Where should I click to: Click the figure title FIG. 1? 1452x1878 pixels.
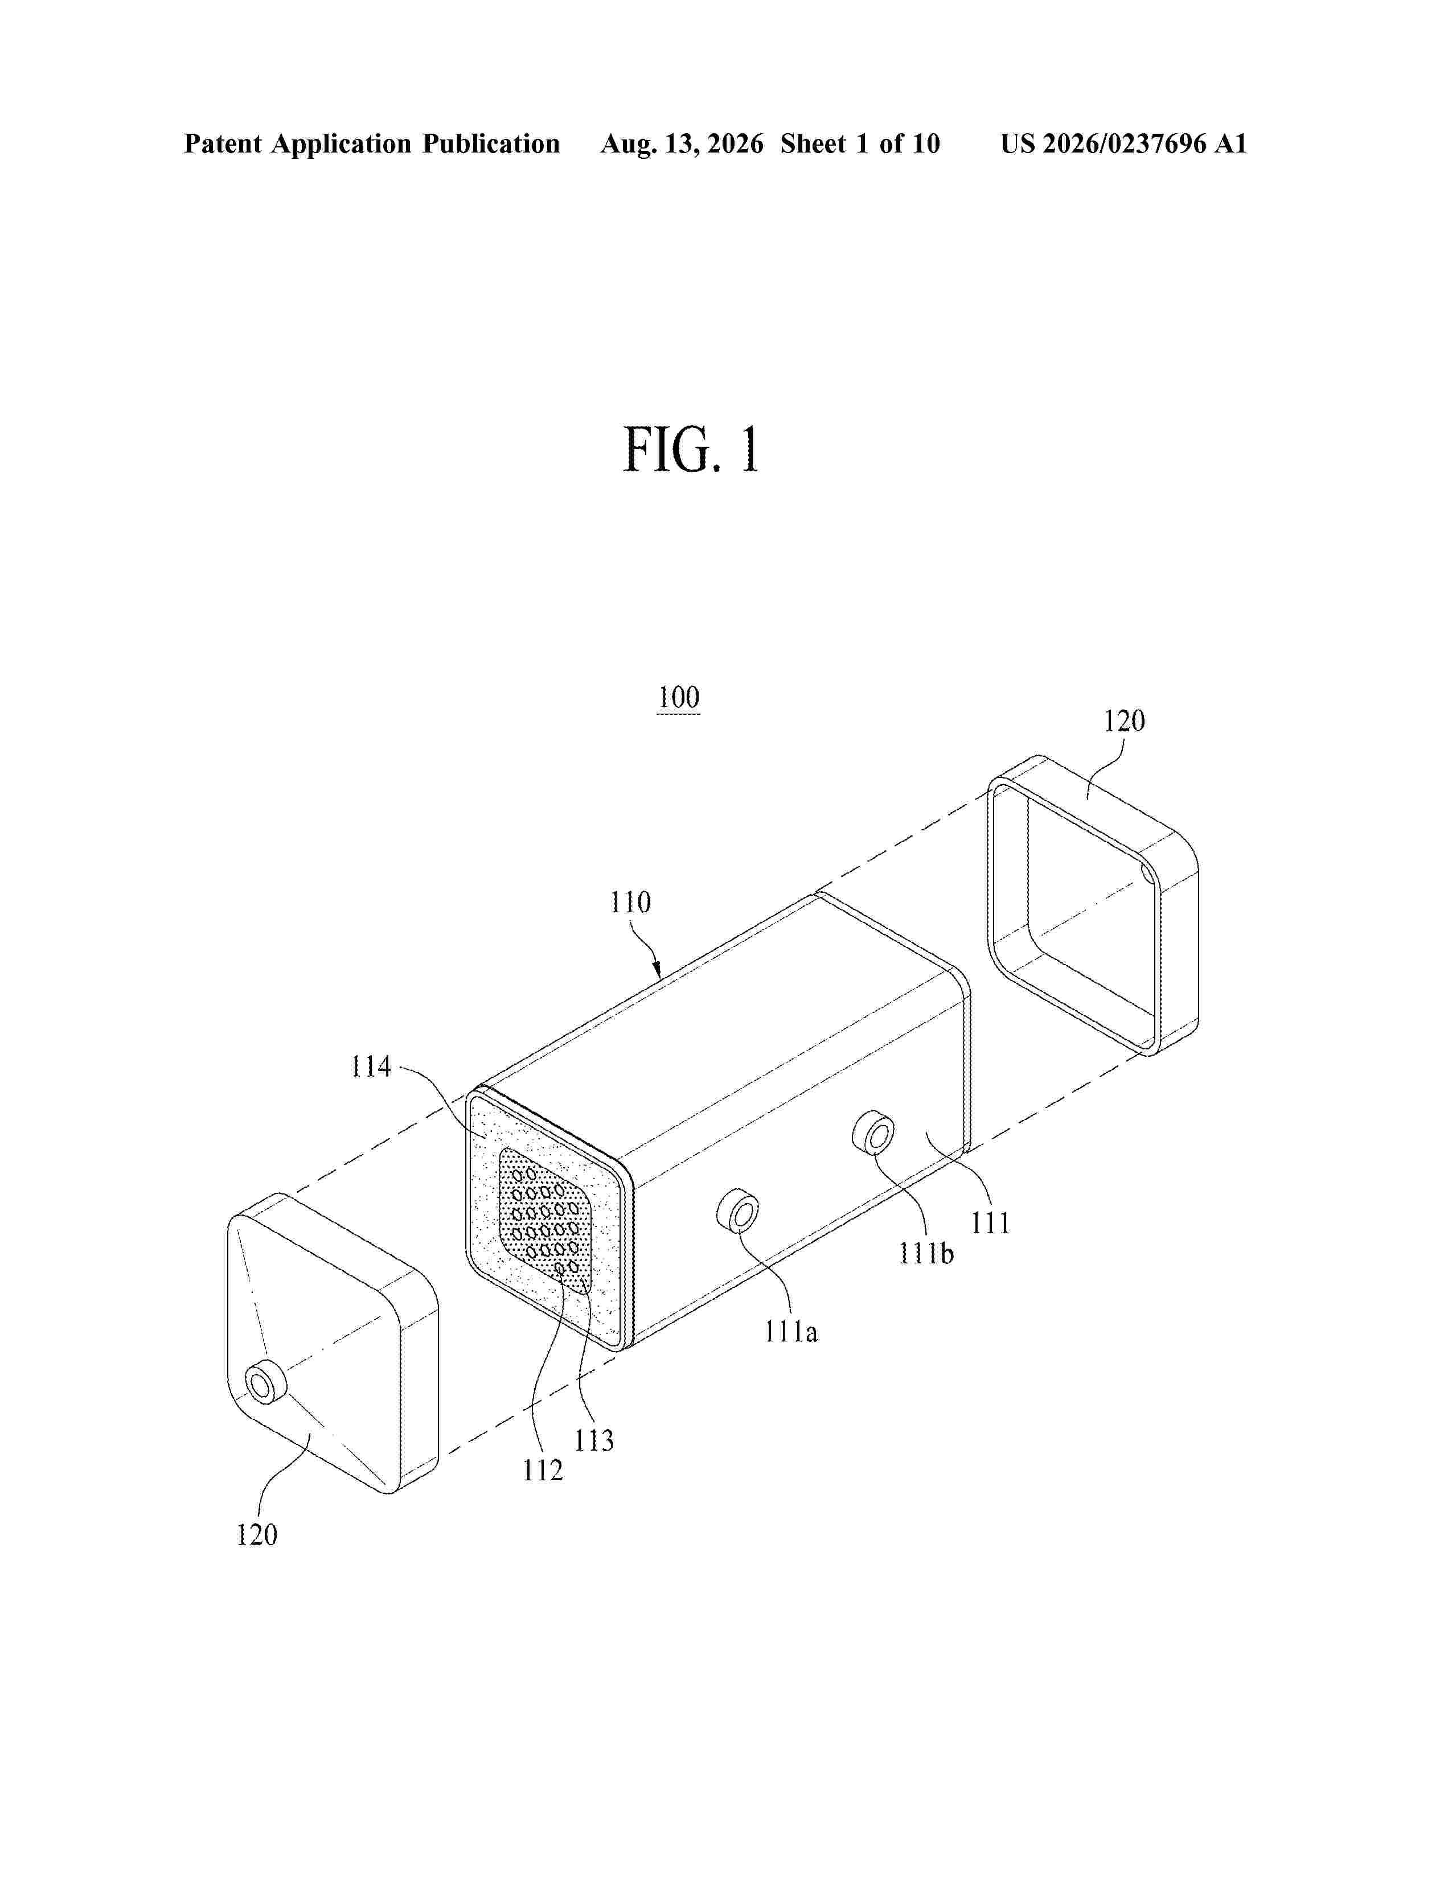tap(692, 450)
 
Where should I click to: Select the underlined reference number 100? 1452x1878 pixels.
tap(679, 697)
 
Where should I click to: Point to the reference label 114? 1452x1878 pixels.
tap(371, 1067)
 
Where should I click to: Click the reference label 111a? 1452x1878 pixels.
tap(791, 1332)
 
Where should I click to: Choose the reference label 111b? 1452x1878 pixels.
tap(926, 1254)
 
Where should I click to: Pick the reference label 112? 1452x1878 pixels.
tap(543, 1471)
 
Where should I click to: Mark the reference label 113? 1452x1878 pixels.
tap(594, 1440)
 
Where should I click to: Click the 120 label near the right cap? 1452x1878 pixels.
tap(1124, 720)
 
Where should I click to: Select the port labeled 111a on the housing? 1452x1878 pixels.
tap(738, 1210)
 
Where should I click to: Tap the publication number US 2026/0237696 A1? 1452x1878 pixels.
tap(1123, 143)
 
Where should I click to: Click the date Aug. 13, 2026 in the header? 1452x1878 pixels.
tap(682, 143)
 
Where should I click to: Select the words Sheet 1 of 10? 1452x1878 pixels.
tap(860, 143)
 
